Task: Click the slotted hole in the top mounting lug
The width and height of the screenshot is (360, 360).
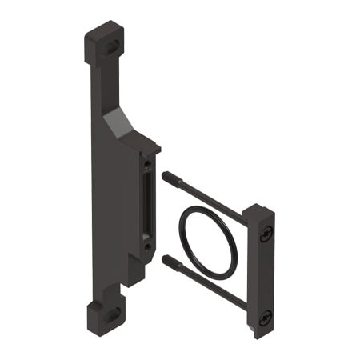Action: pos(114,46)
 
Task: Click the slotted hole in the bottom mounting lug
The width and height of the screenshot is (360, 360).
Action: pos(112,314)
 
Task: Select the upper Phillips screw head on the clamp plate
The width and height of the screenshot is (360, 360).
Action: pos(266,234)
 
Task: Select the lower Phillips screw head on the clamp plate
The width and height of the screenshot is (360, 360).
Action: pos(266,317)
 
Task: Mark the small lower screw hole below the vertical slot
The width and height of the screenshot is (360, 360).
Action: pos(147,247)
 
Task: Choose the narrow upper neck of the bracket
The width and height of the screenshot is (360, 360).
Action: pos(96,88)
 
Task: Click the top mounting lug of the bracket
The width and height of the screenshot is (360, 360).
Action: pos(102,44)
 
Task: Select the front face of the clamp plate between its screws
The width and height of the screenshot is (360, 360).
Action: pos(266,276)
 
